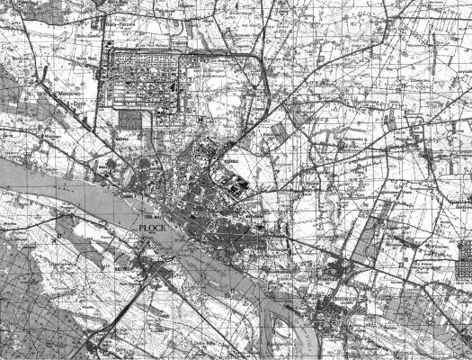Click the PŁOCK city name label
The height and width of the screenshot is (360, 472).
(x=156, y=230)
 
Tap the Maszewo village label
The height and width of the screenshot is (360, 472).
(x=63, y=92)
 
